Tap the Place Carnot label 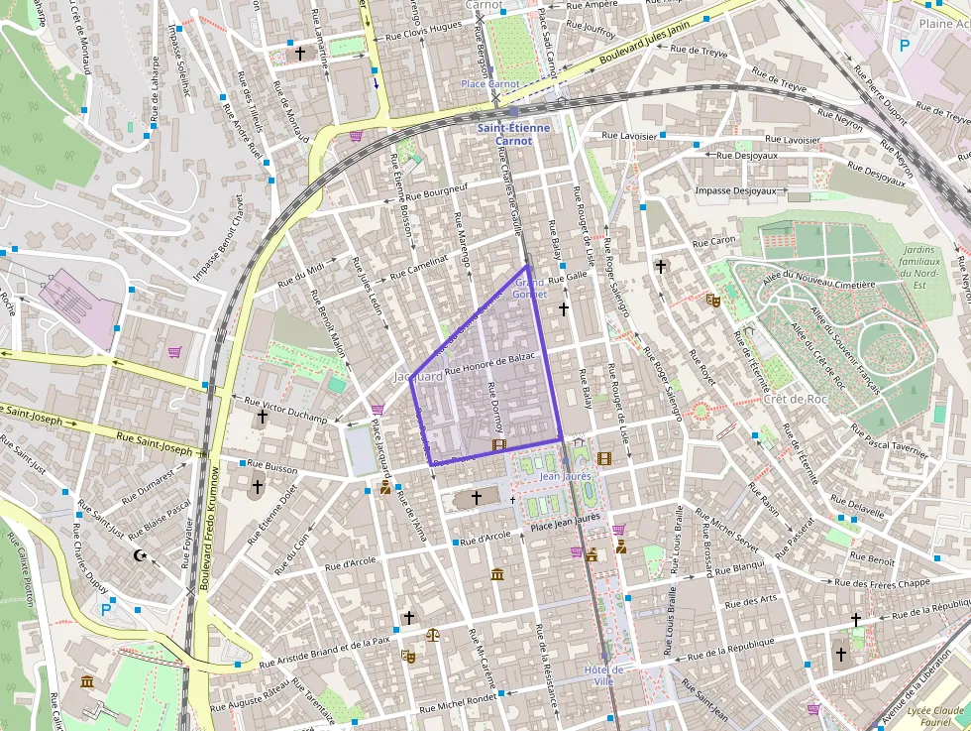point(489,84)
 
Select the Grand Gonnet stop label point(530,289)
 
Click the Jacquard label point(418,378)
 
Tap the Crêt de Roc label point(796,399)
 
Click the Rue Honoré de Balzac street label point(490,363)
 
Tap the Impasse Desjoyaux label point(735,190)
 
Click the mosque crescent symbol point(140,555)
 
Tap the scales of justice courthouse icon point(432,634)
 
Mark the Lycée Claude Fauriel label point(934,716)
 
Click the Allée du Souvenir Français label point(848,351)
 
